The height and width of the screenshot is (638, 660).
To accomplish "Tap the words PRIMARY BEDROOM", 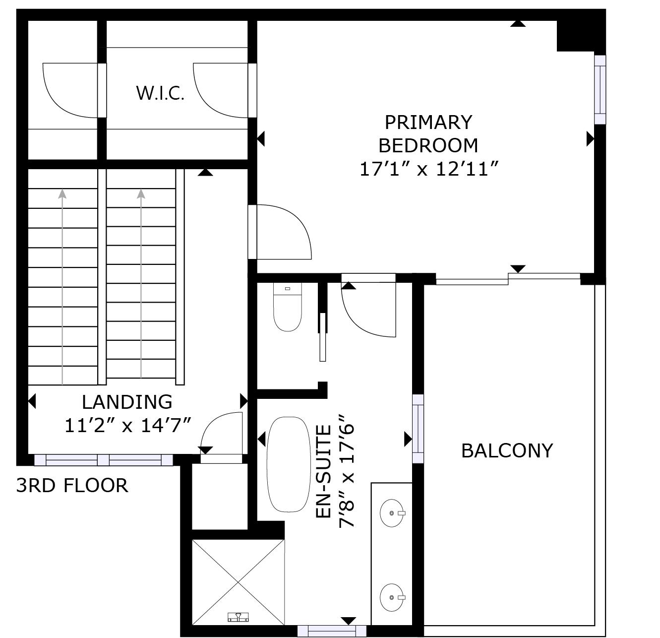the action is click(x=428, y=134).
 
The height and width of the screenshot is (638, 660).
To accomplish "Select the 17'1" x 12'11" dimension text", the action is click(x=429, y=169).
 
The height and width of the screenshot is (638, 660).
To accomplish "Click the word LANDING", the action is click(x=127, y=402).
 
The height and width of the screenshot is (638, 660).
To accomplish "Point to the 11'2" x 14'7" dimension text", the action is click(x=128, y=425).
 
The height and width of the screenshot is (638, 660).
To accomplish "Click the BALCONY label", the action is click(x=507, y=450).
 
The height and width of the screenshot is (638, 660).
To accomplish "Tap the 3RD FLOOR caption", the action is click(x=72, y=485).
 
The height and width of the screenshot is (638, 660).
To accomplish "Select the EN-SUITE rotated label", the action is click(x=323, y=471).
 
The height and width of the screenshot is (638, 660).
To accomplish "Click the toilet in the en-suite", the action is click(x=288, y=307).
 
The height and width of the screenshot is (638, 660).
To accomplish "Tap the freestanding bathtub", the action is click(x=289, y=464).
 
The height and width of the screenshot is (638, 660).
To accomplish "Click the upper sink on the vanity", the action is click(x=392, y=513).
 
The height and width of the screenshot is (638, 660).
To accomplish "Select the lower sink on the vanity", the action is click(x=392, y=597).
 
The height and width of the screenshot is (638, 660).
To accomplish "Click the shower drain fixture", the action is click(x=238, y=617).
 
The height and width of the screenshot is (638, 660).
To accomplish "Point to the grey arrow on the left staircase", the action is click(x=62, y=287).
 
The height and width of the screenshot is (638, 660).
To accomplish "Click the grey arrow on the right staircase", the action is click(x=141, y=283).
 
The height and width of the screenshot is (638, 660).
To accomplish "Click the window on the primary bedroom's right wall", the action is click(x=600, y=90).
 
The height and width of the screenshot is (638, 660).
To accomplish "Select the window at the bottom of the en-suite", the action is click(x=332, y=631).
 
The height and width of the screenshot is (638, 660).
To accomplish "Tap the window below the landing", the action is click(x=104, y=460).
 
